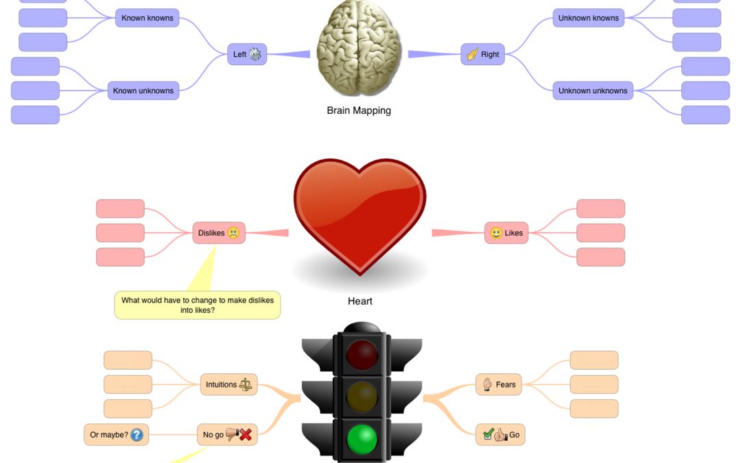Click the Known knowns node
click(x=147, y=18)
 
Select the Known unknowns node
click(x=143, y=91)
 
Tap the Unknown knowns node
click(x=588, y=18)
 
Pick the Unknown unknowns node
click(x=592, y=91)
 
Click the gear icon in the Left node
click(x=255, y=54)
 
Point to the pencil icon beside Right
click(x=473, y=54)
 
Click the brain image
click(x=359, y=48)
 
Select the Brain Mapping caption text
click(x=359, y=110)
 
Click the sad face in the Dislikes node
click(x=233, y=233)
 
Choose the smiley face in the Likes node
click(x=495, y=233)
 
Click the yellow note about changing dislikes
click(x=198, y=305)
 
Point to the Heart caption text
click(x=360, y=301)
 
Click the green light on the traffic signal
click(x=362, y=438)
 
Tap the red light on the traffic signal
click(x=362, y=354)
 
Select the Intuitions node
click(x=228, y=385)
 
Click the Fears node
click(x=499, y=385)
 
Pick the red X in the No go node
click(x=245, y=434)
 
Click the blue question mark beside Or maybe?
click(x=137, y=434)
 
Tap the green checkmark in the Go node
click(x=488, y=434)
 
